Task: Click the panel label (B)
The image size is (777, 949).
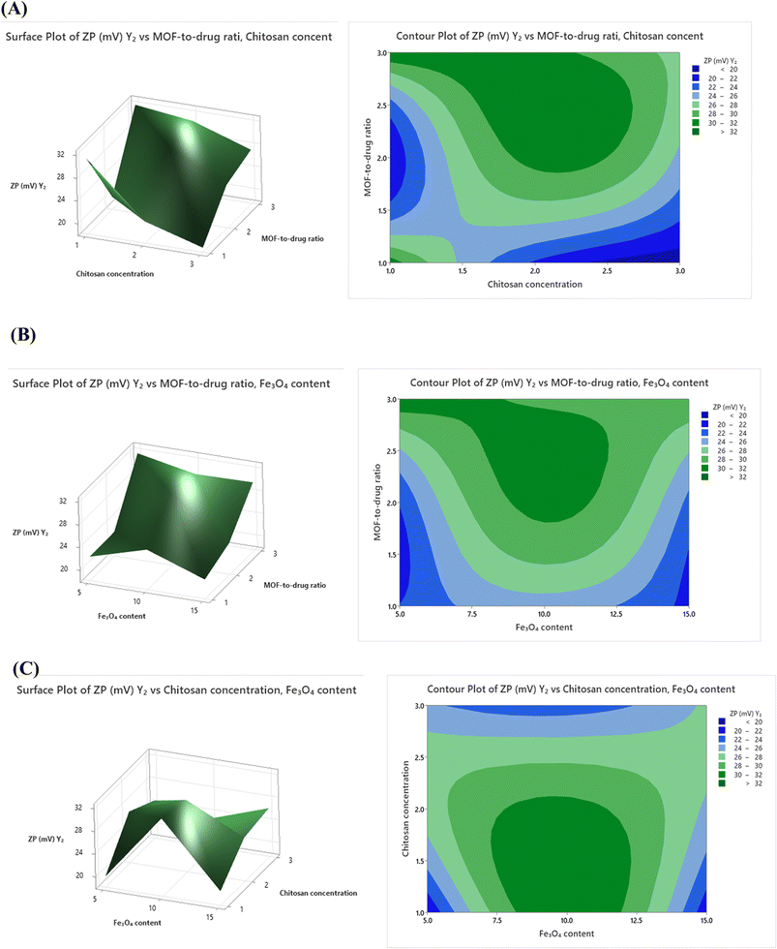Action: (23, 335)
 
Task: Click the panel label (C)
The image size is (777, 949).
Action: (25, 668)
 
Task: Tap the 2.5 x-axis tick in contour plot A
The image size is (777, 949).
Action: (607, 271)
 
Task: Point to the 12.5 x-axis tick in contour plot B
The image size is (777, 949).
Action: (616, 614)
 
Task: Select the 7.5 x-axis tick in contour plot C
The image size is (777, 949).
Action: (497, 920)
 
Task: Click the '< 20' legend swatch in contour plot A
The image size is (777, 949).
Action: (696, 69)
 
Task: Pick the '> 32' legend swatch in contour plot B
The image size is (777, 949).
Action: (705, 476)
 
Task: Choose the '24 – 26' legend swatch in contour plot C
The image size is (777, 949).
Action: (722, 748)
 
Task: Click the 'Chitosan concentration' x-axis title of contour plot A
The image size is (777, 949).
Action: (535, 284)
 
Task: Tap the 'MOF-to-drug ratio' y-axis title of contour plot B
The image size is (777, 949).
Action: (377, 503)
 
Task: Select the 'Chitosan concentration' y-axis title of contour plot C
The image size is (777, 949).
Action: (405, 809)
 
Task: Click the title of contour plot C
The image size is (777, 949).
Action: (582, 689)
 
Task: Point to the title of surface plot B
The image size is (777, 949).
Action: (171, 383)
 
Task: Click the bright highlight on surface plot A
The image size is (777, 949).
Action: (189, 138)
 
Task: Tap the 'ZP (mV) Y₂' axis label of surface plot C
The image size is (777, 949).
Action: (45, 839)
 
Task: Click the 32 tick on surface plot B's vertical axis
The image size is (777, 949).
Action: (63, 502)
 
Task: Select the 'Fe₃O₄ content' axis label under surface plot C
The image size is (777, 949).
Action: (137, 922)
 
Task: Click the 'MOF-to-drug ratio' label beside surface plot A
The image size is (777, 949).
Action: (292, 238)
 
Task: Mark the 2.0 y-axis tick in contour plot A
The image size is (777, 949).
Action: (382, 158)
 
